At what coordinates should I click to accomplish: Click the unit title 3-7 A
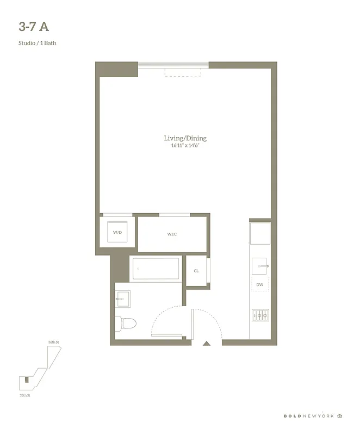37,27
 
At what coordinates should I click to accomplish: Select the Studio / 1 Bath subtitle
37,43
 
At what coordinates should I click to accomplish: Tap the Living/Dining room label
185,138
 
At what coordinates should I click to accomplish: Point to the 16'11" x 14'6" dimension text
185,146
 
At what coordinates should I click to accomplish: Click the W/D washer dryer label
117,232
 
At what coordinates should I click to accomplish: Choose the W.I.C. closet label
172,234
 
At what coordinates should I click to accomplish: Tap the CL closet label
196,271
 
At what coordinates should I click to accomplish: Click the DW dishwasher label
259,284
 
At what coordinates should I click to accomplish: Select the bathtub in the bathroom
156,269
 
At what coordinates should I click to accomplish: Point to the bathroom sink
123,299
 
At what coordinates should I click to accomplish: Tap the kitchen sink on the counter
260,266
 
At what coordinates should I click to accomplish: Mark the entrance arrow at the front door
207,343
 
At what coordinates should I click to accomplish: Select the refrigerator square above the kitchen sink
260,233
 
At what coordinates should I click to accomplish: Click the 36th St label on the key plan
53,342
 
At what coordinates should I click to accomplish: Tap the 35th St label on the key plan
24,395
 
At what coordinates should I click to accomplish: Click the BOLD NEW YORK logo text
308,416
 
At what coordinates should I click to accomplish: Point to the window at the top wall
173,65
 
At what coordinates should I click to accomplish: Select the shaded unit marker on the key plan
26,378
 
